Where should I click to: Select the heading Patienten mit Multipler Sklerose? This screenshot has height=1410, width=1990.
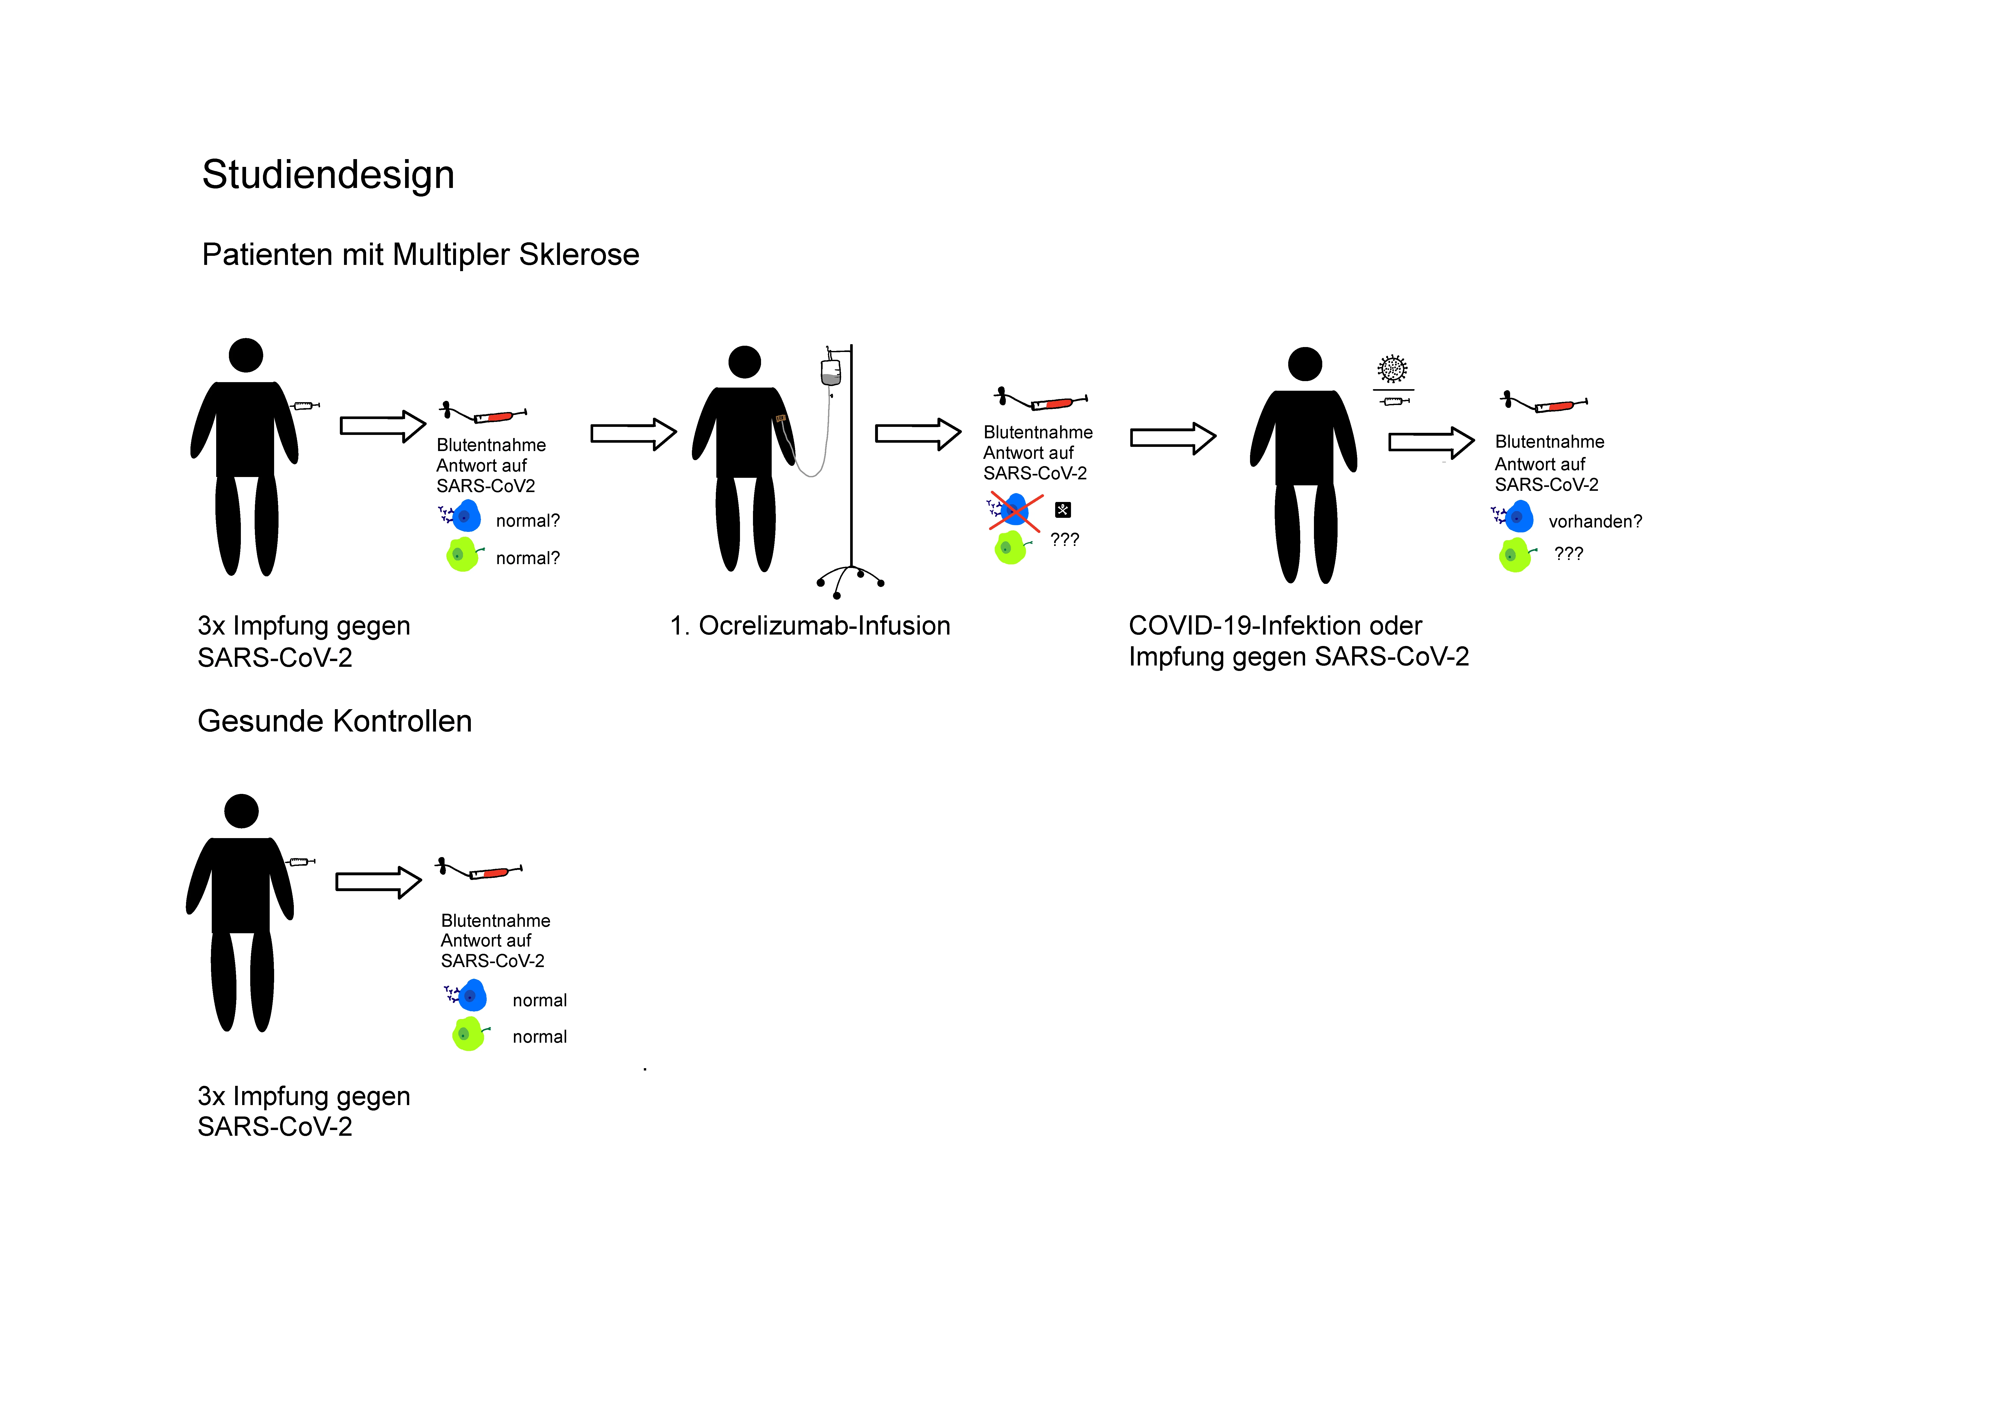pos(420,254)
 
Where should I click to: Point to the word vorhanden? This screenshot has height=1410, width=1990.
pos(1594,521)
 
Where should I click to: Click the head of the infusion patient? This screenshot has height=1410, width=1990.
pos(744,362)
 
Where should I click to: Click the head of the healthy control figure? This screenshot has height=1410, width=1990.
pos(241,811)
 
